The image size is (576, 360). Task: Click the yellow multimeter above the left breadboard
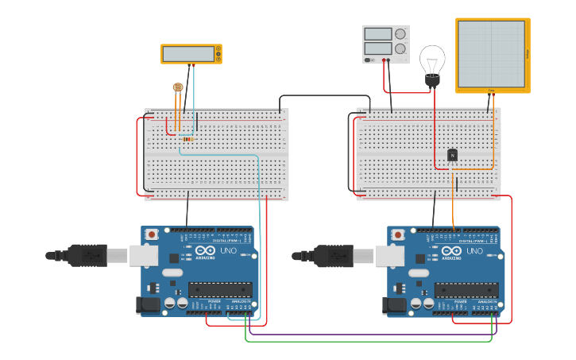click(x=191, y=54)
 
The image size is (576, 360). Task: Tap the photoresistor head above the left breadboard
click(x=177, y=87)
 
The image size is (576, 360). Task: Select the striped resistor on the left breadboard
click(x=187, y=139)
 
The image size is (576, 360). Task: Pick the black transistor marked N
click(x=452, y=155)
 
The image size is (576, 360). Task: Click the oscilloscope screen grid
click(x=491, y=53)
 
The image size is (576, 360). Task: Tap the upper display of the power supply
click(x=379, y=34)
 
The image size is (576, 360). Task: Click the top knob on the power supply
click(x=400, y=35)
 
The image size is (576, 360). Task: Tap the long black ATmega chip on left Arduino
click(x=220, y=290)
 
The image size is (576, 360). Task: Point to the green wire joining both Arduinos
click(x=365, y=341)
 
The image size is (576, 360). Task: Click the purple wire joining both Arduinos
click(x=365, y=333)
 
